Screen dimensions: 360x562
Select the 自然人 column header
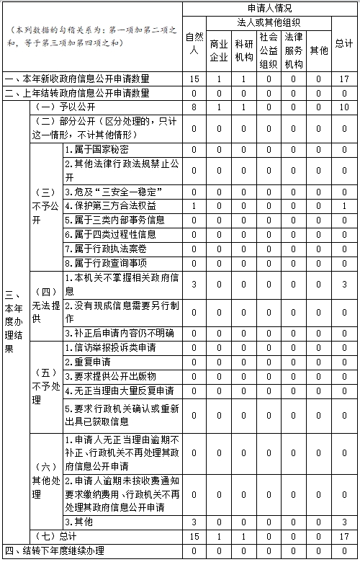(x=194, y=44)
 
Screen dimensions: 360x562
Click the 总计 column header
(x=343, y=44)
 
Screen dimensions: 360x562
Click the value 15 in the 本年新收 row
(x=194, y=79)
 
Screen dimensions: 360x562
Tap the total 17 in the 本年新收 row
(x=344, y=79)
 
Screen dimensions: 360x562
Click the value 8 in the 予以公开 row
(x=194, y=106)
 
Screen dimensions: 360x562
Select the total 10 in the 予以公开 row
(x=344, y=106)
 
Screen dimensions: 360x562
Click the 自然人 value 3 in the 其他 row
(x=194, y=522)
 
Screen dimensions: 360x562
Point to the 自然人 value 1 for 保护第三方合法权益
(x=194, y=206)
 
